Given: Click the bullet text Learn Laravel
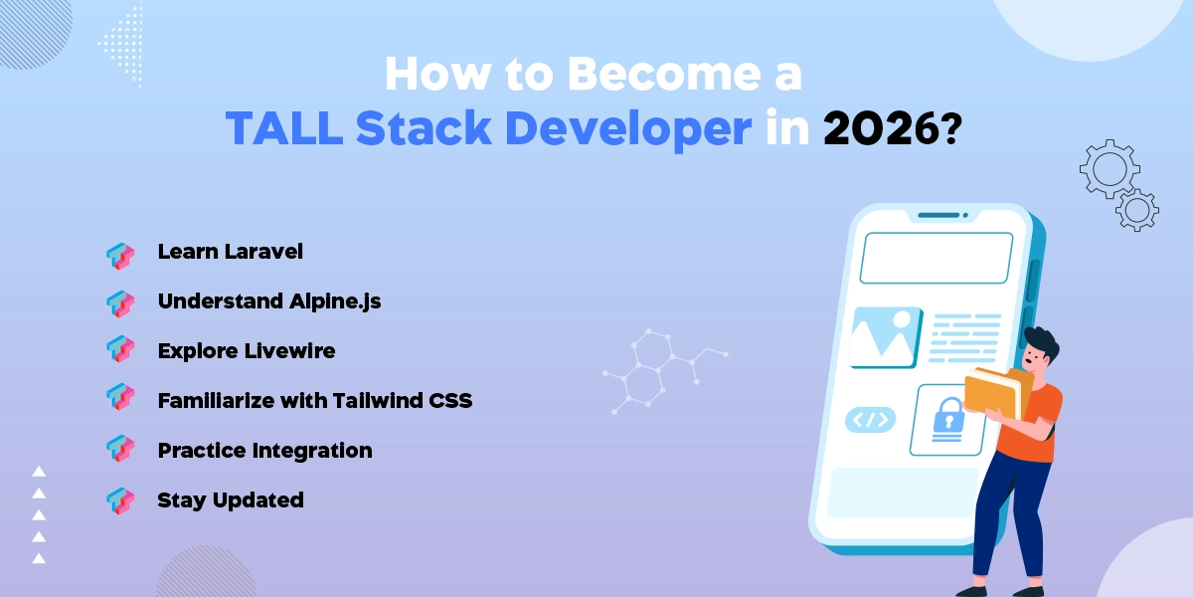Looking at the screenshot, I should [230, 252].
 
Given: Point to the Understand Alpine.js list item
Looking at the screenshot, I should [268, 301].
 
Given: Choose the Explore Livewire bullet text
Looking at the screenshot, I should [246, 351].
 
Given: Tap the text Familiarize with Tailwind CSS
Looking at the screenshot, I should [314, 401].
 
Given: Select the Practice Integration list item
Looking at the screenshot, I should [264, 451].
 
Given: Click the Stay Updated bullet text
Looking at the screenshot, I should [230, 500].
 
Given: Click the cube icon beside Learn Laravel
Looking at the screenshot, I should [120, 255].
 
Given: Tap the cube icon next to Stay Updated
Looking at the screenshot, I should [120, 500].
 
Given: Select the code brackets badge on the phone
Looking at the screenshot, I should [870, 420].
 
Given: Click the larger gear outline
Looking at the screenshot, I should [1108, 169].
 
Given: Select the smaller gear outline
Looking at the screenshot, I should [1136, 210].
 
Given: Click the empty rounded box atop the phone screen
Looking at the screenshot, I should [936, 258].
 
